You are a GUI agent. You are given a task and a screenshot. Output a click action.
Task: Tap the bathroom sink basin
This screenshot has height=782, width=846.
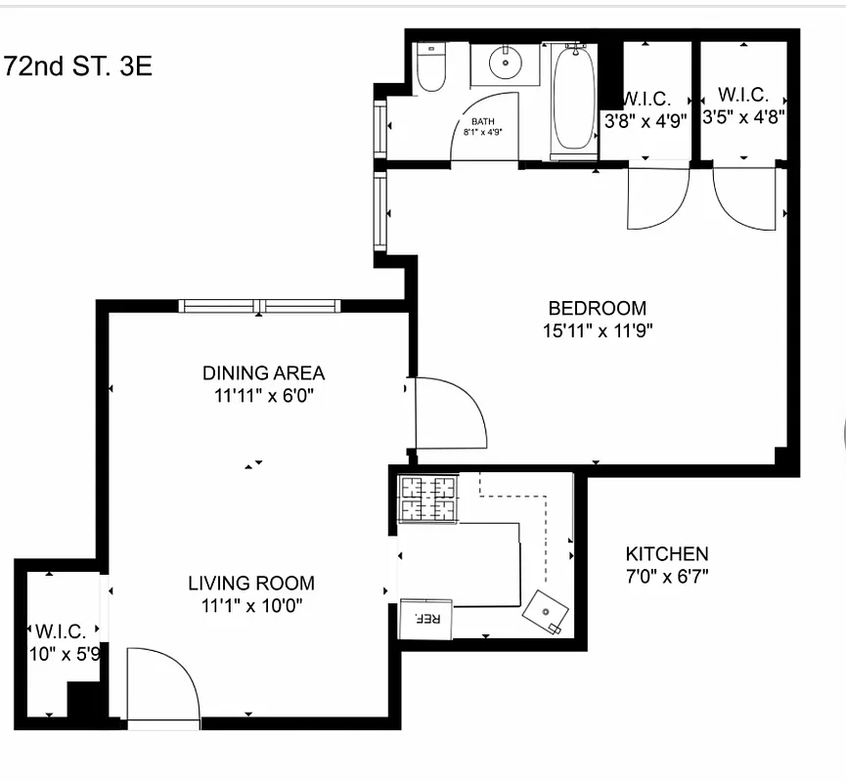point(505,65)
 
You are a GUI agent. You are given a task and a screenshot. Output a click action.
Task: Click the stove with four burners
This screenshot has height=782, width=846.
point(427,498)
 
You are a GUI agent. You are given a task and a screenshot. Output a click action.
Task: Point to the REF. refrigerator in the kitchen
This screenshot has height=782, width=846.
point(426,619)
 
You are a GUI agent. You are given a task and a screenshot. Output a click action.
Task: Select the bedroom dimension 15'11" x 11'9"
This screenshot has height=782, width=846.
point(597,330)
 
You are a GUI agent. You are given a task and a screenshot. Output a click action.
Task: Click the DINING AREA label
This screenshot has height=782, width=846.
point(263,372)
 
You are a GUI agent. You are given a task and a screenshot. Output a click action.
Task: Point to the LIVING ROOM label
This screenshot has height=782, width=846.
point(251,584)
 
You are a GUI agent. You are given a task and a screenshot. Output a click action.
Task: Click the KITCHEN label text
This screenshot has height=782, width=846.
point(667,553)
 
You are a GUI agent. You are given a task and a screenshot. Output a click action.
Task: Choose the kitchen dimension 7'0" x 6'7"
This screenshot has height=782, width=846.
point(667,575)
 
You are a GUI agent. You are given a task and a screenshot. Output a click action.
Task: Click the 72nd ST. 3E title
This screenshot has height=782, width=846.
point(78,67)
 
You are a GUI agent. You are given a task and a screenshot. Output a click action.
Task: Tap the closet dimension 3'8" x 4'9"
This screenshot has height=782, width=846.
point(645,120)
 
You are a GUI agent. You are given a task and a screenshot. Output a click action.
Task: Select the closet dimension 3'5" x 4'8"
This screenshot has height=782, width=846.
point(743,115)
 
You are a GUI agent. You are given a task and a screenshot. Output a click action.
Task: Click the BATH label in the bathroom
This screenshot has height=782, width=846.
point(482,122)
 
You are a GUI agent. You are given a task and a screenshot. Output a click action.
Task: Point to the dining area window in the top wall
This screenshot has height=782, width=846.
point(260,306)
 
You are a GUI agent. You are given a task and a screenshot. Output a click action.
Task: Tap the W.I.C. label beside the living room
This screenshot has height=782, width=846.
point(61,630)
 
